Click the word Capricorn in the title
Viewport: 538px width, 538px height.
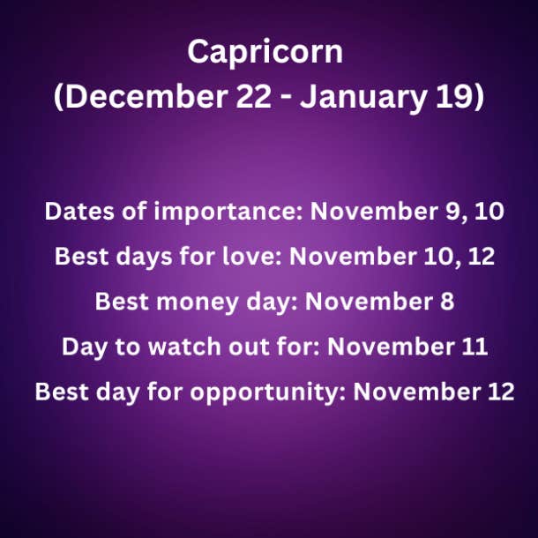tap(265, 52)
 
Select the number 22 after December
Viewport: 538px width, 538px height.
tap(254, 97)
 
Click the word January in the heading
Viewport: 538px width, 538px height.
tap(363, 99)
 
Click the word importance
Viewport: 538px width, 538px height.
tap(228, 213)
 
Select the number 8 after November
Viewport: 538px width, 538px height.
tap(447, 302)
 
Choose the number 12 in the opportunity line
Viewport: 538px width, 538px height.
tap(501, 392)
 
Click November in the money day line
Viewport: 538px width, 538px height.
tap(369, 302)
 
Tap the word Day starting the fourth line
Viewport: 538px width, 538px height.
tap(85, 347)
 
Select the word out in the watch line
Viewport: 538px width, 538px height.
tap(249, 347)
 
